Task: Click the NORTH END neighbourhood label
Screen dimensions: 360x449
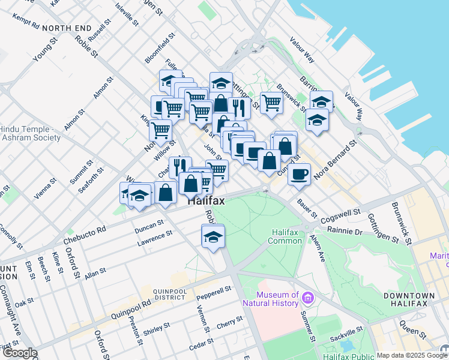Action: (67, 28)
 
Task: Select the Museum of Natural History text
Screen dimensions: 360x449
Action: (277, 299)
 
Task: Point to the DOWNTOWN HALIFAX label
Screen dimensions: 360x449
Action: (409, 299)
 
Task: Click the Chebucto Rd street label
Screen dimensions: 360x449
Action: (85, 235)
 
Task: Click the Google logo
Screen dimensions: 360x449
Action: (19, 353)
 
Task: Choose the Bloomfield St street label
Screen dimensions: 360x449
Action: (160, 49)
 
